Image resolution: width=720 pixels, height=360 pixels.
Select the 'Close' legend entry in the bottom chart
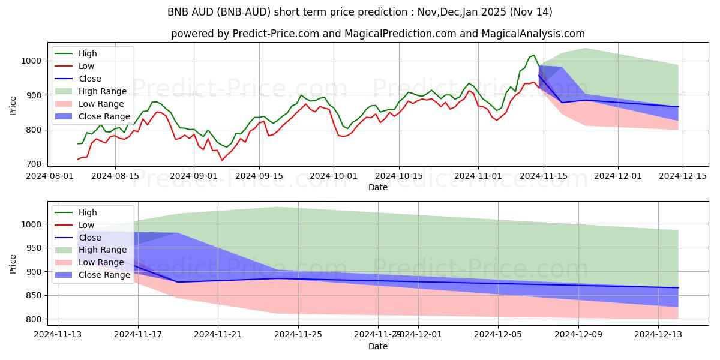[90, 238]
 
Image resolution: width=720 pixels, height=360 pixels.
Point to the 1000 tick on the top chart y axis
[33, 61]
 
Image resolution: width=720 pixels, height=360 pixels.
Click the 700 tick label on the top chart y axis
[35, 164]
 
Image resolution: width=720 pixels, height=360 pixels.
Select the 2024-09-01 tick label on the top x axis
[193, 175]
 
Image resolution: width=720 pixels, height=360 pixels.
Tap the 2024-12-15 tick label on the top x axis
[683, 175]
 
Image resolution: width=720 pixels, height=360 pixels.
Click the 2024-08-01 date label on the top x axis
[49, 175]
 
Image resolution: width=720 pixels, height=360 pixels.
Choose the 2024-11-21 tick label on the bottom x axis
[218, 334]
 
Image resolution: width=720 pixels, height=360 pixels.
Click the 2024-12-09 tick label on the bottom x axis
[578, 334]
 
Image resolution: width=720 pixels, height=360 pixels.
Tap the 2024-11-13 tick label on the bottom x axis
[58, 334]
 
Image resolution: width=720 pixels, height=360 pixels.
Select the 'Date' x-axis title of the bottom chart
[378, 346]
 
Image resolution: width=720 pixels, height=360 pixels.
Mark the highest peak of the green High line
[534, 55]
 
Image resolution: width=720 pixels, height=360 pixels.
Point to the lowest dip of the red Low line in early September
[222, 160]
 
